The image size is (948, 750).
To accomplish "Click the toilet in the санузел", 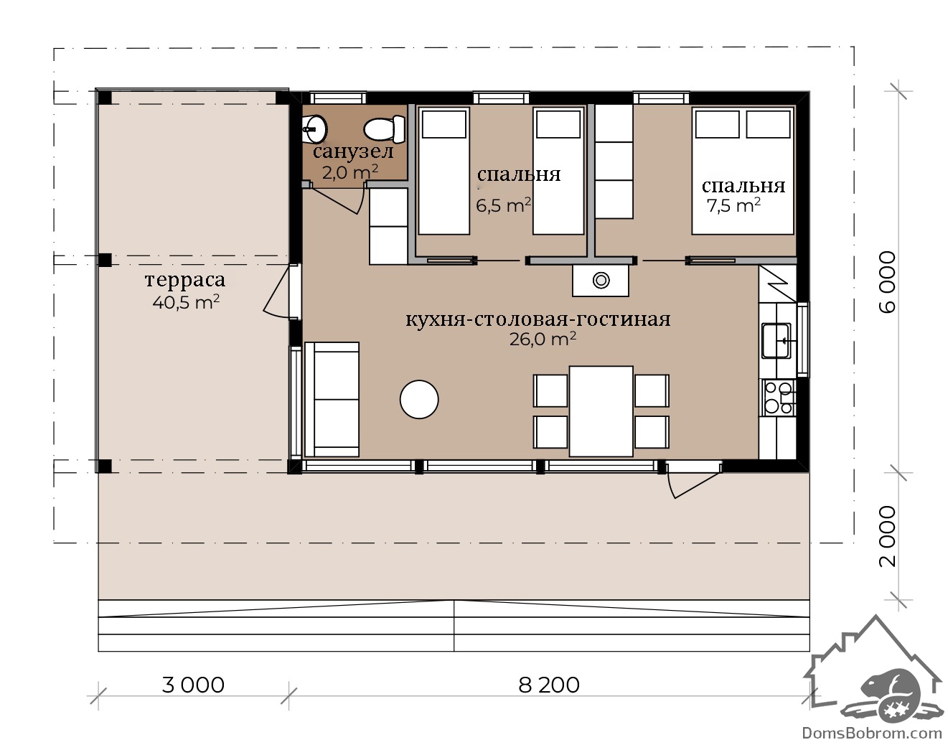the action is point(384,128).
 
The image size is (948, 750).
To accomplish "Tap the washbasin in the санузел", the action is point(314,128).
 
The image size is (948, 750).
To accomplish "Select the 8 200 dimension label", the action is point(549,685).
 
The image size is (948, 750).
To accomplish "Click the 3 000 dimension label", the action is point(193,685).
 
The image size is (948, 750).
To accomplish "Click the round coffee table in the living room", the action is point(419,399).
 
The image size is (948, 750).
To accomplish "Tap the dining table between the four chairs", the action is point(601,411).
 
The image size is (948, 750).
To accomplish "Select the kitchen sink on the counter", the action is point(776,340).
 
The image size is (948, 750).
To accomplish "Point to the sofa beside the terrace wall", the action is point(332,399).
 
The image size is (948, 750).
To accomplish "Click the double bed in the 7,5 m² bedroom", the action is point(743,171).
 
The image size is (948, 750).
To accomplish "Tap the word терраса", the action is point(185,280).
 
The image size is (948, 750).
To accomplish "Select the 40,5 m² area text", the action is point(186,302).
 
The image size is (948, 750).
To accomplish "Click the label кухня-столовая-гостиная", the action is point(538,319).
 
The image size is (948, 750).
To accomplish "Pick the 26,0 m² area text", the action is point(543,339).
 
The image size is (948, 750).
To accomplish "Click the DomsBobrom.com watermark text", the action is point(871,733).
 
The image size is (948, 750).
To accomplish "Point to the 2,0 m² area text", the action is point(349,172).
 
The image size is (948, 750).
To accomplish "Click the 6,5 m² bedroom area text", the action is point(504,205).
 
